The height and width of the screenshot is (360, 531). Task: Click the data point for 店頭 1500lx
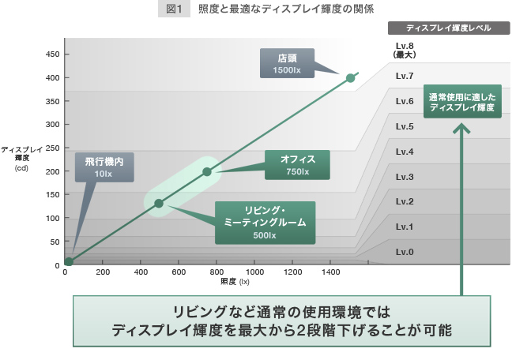[x=350, y=77]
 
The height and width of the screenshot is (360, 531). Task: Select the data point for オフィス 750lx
[x=207, y=171]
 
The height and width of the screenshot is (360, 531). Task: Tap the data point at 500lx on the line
[x=159, y=204]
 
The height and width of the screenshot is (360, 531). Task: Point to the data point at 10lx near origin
[x=69, y=261]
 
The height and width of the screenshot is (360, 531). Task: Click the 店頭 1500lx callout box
[x=287, y=64]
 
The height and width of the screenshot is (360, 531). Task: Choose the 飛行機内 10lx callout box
[x=104, y=167]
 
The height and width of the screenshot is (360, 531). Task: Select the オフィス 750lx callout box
[x=298, y=164]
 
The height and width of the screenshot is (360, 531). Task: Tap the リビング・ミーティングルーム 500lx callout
[x=265, y=223]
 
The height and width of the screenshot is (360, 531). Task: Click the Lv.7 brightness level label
[x=405, y=77]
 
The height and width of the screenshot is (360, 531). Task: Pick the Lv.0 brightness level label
[x=405, y=253]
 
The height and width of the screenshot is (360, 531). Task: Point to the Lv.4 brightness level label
[x=405, y=152]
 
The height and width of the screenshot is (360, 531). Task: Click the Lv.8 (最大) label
[x=405, y=51]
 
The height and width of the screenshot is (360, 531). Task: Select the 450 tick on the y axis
[x=52, y=54]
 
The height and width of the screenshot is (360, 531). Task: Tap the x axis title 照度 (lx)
[x=235, y=281]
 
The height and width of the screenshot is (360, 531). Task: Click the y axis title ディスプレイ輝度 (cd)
[x=21, y=158]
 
